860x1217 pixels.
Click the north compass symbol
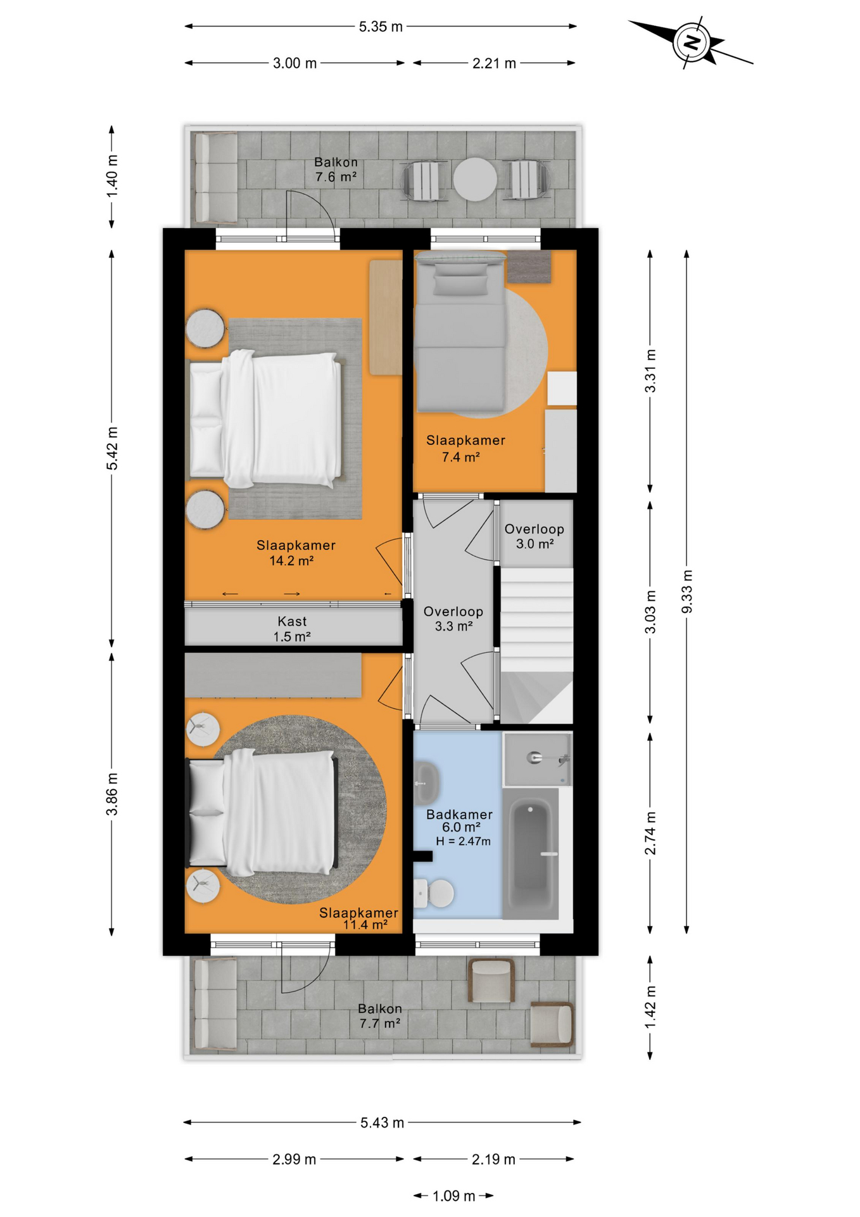click(692, 42)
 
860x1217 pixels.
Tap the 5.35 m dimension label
click(381, 27)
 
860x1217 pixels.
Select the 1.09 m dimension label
click(453, 1196)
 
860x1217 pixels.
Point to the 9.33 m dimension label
click(687, 591)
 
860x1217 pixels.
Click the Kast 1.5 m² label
click(292, 629)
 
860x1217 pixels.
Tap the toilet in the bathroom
click(434, 894)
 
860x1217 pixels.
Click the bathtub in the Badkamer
click(531, 853)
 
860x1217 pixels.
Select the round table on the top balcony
click(475, 179)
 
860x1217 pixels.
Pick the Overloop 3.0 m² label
click(534, 536)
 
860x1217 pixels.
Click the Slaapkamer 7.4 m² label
click(465, 448)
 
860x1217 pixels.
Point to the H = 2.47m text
click(463, 841)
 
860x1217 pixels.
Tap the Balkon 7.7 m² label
click(380, 1015)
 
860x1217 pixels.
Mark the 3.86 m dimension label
click(112, 794)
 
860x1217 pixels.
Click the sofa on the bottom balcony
click(215, 1005)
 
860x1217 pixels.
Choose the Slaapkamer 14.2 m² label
click(296, 553)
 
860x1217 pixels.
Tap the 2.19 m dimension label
click(493, 1159)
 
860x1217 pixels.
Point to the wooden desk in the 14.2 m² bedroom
click(386, 317)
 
